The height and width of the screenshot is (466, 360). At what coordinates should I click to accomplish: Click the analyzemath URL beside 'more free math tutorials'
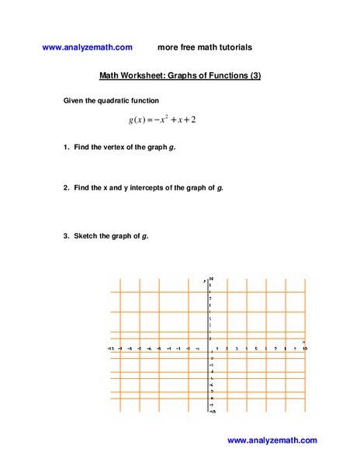tap(87, 47)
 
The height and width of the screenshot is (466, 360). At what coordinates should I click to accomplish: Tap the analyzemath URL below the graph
tap(272, 440)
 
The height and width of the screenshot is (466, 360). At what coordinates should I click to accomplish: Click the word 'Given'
tap(74, 100)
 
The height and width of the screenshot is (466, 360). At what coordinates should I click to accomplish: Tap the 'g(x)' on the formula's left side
tap(137, 120)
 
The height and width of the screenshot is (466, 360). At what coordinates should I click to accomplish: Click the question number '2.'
tap(67, 188)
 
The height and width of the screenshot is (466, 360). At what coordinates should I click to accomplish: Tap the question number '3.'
tap(67, 235)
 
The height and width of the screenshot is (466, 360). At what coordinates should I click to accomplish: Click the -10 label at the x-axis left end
tap(111, 348)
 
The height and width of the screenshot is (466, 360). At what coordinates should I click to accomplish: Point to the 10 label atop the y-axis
tap(211, 279)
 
